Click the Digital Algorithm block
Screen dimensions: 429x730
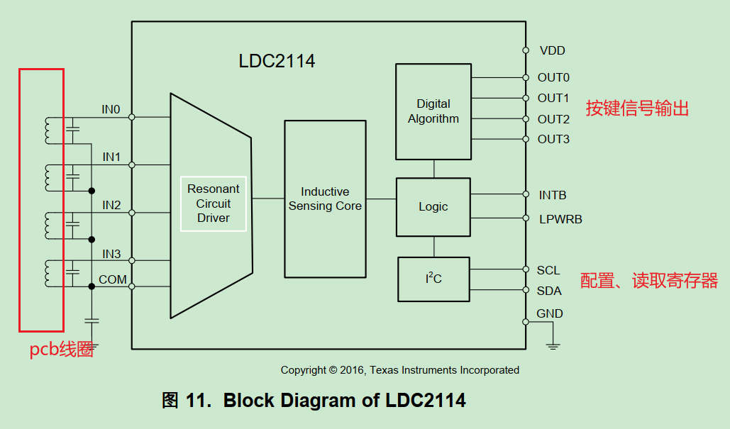(433, 111)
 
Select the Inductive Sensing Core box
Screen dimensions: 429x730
(325, 199)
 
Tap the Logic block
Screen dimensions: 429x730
(433, 206)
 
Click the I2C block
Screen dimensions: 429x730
(433, 279)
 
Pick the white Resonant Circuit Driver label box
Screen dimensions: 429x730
(214, 204)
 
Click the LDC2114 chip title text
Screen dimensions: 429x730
(277, 61)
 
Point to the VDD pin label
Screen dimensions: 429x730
(552, 50)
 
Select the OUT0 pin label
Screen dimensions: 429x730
(553, 77)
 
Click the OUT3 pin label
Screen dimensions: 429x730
(553, 139)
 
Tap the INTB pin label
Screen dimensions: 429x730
(553, 195)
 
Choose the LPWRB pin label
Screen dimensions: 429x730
(560, 219)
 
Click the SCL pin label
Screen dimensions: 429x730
(548, 270)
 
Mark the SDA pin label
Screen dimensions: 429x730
(549, 291)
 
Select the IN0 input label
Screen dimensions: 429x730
(111, 110)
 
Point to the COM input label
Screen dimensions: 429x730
(113, 279)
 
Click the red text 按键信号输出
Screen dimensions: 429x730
(637, 108)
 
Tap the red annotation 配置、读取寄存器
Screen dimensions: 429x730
(648, 281)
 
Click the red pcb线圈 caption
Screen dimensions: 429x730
(61, 350)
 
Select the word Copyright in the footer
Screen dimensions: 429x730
(304, 370)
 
